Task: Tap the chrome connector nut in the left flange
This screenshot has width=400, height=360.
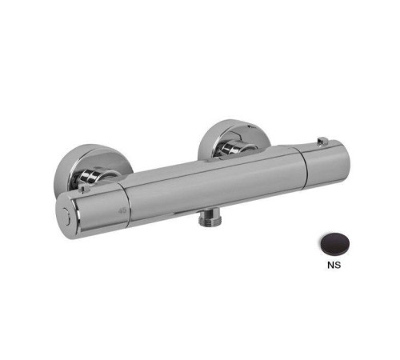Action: [x=96, y=175]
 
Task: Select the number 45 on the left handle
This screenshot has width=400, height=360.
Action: [x=122, y=210]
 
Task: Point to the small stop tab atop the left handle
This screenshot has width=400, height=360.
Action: [x=85, y=190]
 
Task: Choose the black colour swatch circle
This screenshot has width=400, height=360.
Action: [x=334, y=244]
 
